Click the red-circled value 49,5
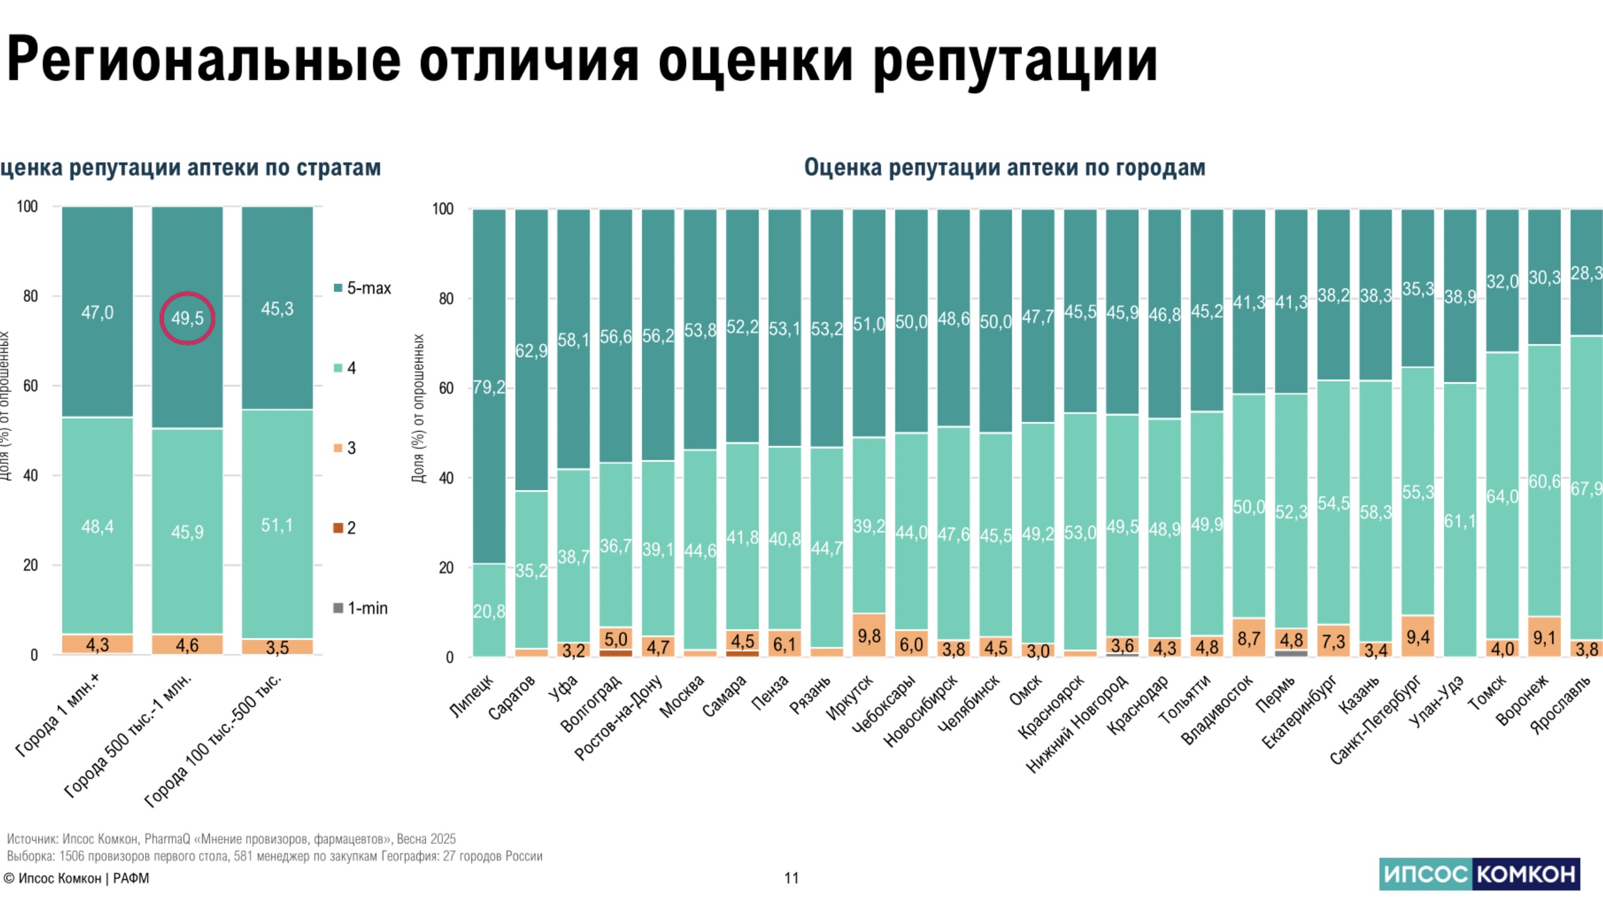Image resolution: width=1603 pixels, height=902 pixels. (x=187, y=319)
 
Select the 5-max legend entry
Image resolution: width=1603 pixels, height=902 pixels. (x=363, y=288)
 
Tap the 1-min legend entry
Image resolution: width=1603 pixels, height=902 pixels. (x=361, y=608)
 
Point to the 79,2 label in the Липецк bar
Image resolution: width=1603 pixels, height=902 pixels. (x=489, y=388)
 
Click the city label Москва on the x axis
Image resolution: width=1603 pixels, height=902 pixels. (x=682, y=696)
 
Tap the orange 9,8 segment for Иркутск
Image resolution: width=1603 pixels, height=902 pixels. (x=868, y=635)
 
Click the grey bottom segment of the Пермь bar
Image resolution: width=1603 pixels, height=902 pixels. (x=1292, y=652)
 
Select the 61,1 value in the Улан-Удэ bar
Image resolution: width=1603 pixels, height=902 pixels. (x=1459, y=521)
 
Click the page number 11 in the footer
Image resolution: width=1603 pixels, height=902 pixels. (x=791, y=878)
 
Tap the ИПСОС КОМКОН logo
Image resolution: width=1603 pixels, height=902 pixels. (x=1479, y=874)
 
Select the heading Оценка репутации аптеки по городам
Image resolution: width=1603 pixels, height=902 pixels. (x=1005, y=167)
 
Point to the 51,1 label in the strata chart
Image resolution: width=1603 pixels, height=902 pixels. (x=277, y=525)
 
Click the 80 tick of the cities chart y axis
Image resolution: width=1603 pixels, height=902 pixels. (x=445, y=299)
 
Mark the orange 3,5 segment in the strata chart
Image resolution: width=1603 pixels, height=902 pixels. (x=277, y=647)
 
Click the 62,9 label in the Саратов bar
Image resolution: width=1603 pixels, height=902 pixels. (x=531, y=351)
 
